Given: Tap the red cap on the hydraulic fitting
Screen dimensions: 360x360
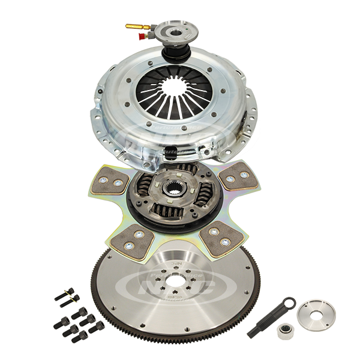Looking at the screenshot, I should point(141,36).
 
